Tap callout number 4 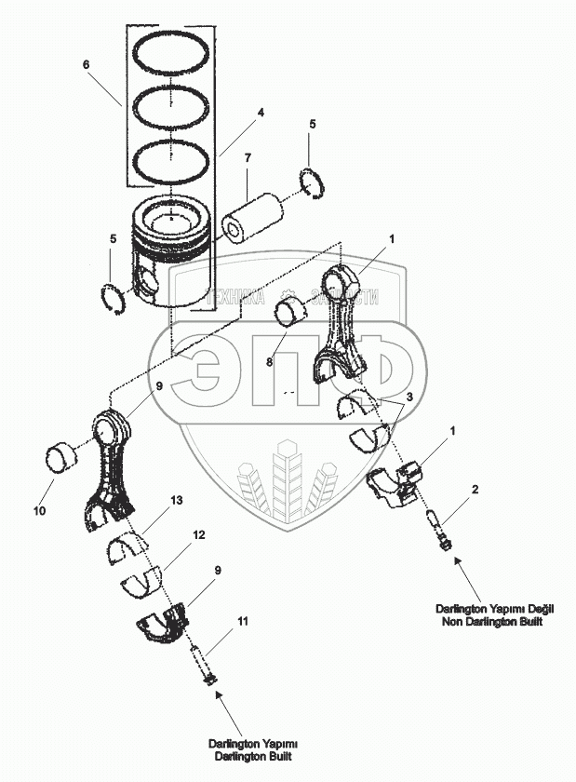[261, 113]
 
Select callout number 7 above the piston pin [248, 158]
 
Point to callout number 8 [269, 364]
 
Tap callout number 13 [177, 501]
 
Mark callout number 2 [476, 490]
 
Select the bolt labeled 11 [203, 666]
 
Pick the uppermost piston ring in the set [174, 54]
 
